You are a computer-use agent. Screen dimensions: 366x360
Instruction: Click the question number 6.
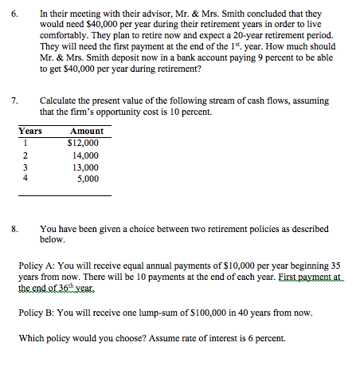click(x=14, y=14)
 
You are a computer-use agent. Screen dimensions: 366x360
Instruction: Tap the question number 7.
click(x=14, y=101)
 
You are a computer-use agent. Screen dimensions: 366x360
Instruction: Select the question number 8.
click(x=14, y=229)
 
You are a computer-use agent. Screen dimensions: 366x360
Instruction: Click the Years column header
click(x=30, y=131)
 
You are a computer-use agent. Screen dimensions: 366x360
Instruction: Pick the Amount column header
click(x=86, y=131)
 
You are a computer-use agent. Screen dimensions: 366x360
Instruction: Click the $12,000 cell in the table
click(x=84, y=143)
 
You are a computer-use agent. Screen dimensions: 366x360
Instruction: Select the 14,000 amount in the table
click(x=86, y=155)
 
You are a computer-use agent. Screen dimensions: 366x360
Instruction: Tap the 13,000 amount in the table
click(x=86, y=167)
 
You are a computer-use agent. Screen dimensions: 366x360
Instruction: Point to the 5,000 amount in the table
click(x=88, y=179)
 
